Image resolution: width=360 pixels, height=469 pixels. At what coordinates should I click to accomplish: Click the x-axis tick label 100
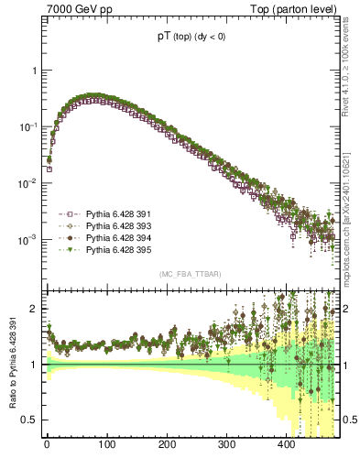point(106,446)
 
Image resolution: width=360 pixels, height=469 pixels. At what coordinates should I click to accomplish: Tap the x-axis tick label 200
point(167,446)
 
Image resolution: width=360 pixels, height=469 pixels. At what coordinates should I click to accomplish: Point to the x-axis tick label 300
point(226,446)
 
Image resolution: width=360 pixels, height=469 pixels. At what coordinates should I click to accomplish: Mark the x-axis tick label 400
point(286,446)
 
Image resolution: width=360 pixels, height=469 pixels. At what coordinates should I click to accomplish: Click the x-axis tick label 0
point(47,446)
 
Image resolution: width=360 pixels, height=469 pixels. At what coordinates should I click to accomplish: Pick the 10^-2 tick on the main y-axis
point(30,183)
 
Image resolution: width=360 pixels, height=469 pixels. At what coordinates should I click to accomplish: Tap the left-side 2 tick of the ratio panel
point(36,309)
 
